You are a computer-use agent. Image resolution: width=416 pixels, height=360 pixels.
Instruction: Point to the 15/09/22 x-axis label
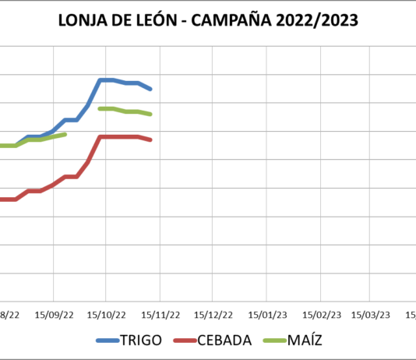click(x=54, y=315)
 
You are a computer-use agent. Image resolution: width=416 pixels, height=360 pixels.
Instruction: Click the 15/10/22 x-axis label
click(x=107, y=315)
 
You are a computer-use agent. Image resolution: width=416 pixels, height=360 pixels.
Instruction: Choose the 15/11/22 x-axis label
click(x=160, y=315)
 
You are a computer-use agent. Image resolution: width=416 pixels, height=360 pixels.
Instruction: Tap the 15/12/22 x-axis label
click(x=213, y=315)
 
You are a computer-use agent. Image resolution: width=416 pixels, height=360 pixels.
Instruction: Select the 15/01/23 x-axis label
click(x=267, y=315)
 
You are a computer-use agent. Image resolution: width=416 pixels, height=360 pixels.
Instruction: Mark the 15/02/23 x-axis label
click(x=321, y=315)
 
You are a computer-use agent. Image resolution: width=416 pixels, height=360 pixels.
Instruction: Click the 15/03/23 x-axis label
click(x=371, y=315)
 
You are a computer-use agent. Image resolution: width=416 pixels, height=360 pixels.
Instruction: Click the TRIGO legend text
click(x=141, y=341)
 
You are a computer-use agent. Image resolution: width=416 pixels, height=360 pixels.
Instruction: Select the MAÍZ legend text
click(x=305, y=341)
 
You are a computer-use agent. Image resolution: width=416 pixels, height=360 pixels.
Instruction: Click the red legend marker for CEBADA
click(x=184, y=341)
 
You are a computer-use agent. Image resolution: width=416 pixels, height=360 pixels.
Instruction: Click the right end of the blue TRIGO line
click(x=150, y=89)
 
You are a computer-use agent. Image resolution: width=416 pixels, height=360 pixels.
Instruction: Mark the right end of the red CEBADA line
click(x=150, y=139)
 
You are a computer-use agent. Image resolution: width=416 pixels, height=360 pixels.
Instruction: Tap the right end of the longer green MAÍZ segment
click(x=150, y=114)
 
